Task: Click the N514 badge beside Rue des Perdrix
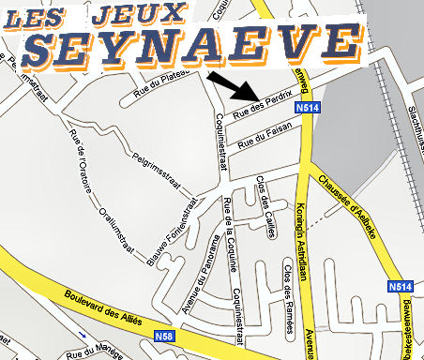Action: [305, 108]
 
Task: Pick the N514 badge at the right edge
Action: [400, 286]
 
